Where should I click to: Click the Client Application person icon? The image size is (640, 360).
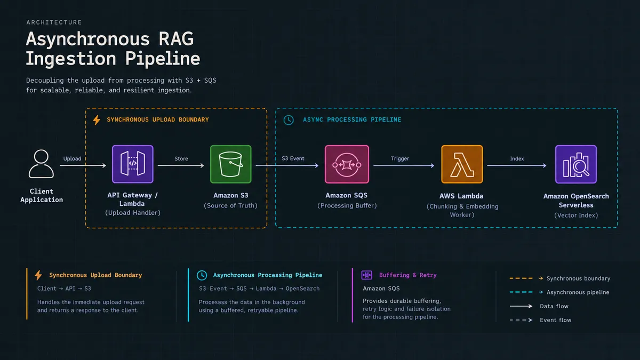pos(41,164)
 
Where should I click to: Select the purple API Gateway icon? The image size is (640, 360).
pos(133,164)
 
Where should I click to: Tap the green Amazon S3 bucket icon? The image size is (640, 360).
pos(230,164)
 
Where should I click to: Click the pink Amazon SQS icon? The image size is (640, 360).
pos(347,164)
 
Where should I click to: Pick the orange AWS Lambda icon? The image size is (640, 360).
pos(462,164)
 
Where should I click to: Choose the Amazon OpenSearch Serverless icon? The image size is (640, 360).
pos(575,164)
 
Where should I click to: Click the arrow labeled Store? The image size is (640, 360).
pos(181,165)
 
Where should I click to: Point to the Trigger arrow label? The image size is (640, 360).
pos(399,158)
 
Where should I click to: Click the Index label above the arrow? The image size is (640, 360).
pos(517,158)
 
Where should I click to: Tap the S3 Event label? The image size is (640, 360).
pos(293,158)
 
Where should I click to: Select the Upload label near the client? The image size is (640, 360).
pos(72,158)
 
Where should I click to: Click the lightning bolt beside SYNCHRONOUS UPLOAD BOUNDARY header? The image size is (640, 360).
pos(97,120)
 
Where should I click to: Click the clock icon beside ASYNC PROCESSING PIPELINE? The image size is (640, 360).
pos(289,120)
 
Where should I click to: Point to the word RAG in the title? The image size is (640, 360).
pos(176,39)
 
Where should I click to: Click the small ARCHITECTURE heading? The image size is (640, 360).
pos(54,22)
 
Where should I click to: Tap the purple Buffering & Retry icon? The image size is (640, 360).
pos(366,275)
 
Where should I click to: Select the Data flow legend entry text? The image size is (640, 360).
pos(554,306)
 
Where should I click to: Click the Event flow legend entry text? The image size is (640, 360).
pos(555,320)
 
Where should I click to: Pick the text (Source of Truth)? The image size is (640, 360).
pos(230,205)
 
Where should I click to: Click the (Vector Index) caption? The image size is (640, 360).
pos(576,215)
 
